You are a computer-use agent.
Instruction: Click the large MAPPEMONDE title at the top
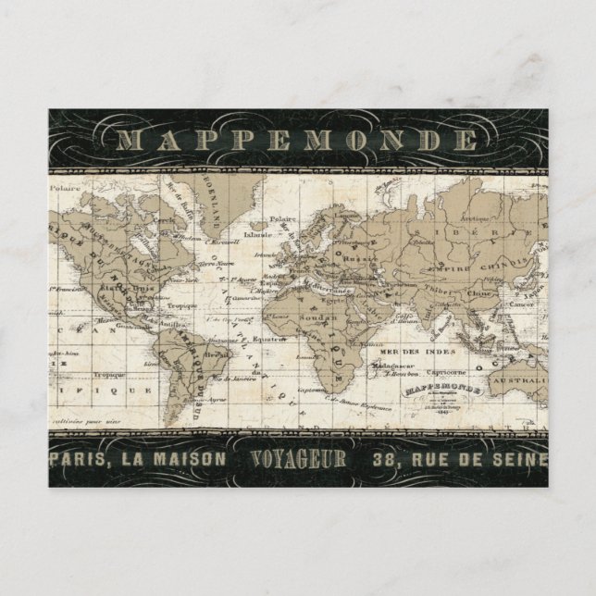(298, 141)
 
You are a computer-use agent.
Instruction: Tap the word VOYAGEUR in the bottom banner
(298, 458)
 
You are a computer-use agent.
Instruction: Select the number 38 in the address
(385, 458)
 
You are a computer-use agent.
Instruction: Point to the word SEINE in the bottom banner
(518, 458)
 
